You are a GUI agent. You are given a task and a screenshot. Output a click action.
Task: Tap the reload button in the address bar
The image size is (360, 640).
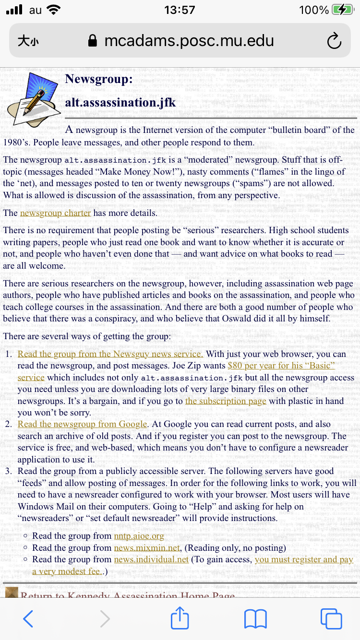point(334,41)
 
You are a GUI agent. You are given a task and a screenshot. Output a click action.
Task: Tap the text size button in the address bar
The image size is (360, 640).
point(28,41)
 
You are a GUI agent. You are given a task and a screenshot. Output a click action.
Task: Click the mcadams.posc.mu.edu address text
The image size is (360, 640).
point(189,41)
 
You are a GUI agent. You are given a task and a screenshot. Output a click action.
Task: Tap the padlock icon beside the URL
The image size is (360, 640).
point(93,41)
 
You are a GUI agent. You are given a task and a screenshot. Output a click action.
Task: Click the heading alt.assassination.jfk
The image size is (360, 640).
point(120,102)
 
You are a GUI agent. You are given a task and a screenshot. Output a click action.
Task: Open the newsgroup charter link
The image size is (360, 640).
point(55,213)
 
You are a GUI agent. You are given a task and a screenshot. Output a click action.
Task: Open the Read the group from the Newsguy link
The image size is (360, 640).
point(110,354)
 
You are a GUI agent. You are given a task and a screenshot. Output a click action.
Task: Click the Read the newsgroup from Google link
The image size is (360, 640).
point(82,424)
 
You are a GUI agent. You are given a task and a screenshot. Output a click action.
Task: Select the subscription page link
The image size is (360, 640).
point(226,401)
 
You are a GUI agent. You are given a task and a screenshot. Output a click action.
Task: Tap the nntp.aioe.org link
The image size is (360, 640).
point(139,536)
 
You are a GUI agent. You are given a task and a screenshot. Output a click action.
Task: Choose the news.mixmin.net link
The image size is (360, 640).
point(147,547)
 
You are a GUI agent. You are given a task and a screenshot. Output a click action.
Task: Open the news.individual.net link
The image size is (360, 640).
point(151,559)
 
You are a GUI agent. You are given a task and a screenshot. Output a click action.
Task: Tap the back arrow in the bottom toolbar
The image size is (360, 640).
point(28,619)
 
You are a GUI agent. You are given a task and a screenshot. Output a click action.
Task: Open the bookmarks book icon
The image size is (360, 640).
point(255,619)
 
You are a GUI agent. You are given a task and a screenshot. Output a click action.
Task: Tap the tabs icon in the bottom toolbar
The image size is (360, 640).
point(331,619)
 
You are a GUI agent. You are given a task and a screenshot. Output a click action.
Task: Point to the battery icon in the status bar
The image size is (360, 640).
point(342,10)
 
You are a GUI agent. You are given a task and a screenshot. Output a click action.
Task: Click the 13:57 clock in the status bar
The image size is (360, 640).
point(180,10)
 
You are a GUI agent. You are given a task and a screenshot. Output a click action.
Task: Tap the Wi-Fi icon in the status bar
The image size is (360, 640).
point(54,10)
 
